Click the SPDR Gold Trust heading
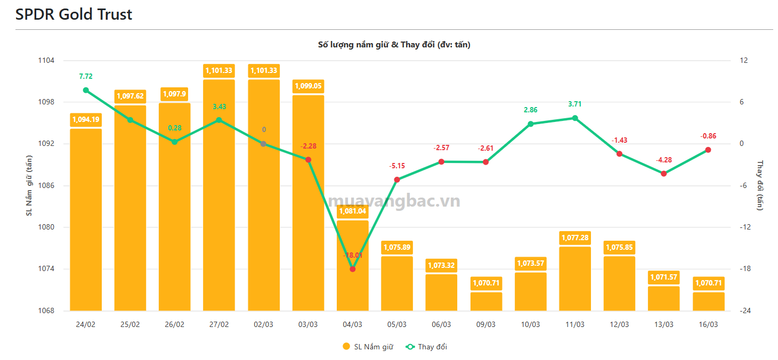point(74,14)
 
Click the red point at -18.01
point(352,269)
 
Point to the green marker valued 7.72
point(86,90)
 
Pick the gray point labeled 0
point(263,144)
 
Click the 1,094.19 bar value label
point(86,120)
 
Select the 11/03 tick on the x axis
point(574,324)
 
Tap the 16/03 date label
point(708,324)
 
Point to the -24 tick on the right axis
point(744,311)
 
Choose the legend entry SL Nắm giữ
point(368,347)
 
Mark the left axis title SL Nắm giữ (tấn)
point(29,186)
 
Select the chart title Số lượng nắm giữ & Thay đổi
point(394,45)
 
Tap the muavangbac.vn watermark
point(394,201)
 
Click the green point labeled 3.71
point(574,118)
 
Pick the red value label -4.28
point(663,159)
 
